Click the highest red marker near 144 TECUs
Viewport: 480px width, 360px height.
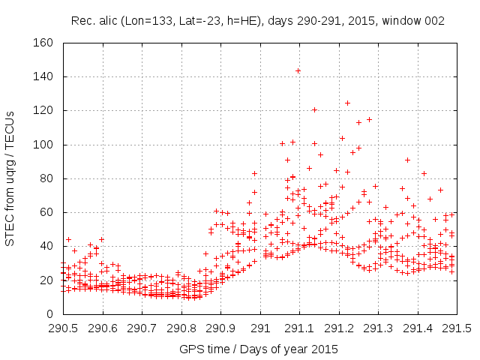[298, 70]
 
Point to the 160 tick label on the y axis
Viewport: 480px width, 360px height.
[43, 43]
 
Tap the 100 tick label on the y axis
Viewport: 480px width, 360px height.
[43, 145]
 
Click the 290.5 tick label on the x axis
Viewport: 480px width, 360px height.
[62, 328]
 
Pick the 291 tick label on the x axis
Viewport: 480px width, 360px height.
[260, 328]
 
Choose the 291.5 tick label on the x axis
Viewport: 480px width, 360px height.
[457, 328]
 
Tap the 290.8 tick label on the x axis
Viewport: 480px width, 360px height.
[181, 328]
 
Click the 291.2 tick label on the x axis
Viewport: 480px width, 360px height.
[339, 328]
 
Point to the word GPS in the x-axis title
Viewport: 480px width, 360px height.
[190, 349]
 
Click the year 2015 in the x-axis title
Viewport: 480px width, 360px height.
[325, 349]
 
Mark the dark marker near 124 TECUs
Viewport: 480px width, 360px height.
[347, 103]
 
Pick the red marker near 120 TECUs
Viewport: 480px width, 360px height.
[314, 110]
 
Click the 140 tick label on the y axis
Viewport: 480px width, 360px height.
[43, 76]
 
